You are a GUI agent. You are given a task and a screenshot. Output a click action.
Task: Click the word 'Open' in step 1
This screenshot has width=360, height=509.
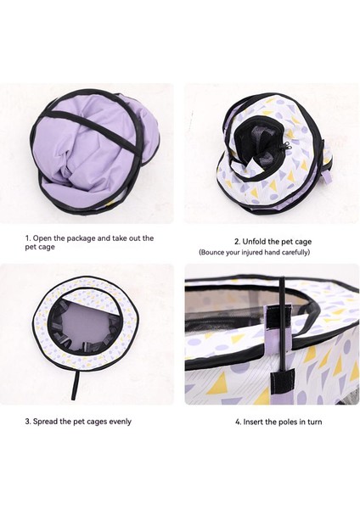[x=47, y=238]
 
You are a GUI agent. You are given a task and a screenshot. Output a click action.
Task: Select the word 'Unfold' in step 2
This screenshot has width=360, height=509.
[x=256, y=241]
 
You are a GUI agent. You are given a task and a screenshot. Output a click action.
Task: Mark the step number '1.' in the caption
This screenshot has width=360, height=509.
[x=27, y=238]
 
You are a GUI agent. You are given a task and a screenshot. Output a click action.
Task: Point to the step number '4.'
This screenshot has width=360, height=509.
[x=238, y=422]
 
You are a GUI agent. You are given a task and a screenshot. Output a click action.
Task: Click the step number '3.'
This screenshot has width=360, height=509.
[x=28, y=421]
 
